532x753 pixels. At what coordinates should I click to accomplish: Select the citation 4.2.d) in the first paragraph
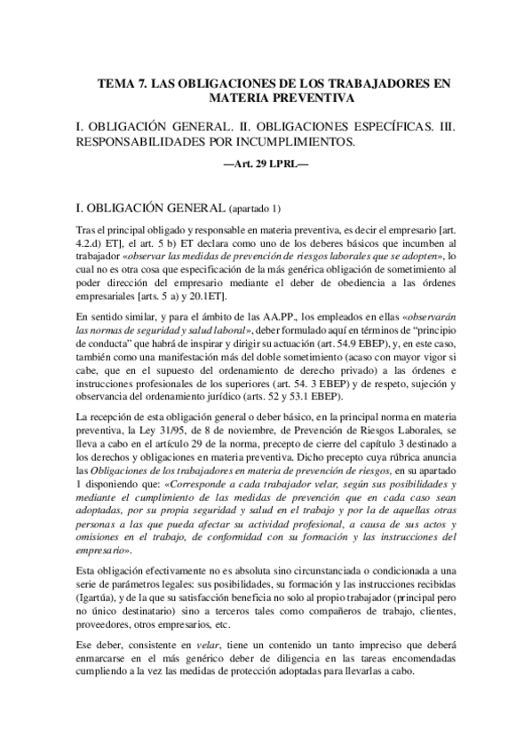91,243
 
